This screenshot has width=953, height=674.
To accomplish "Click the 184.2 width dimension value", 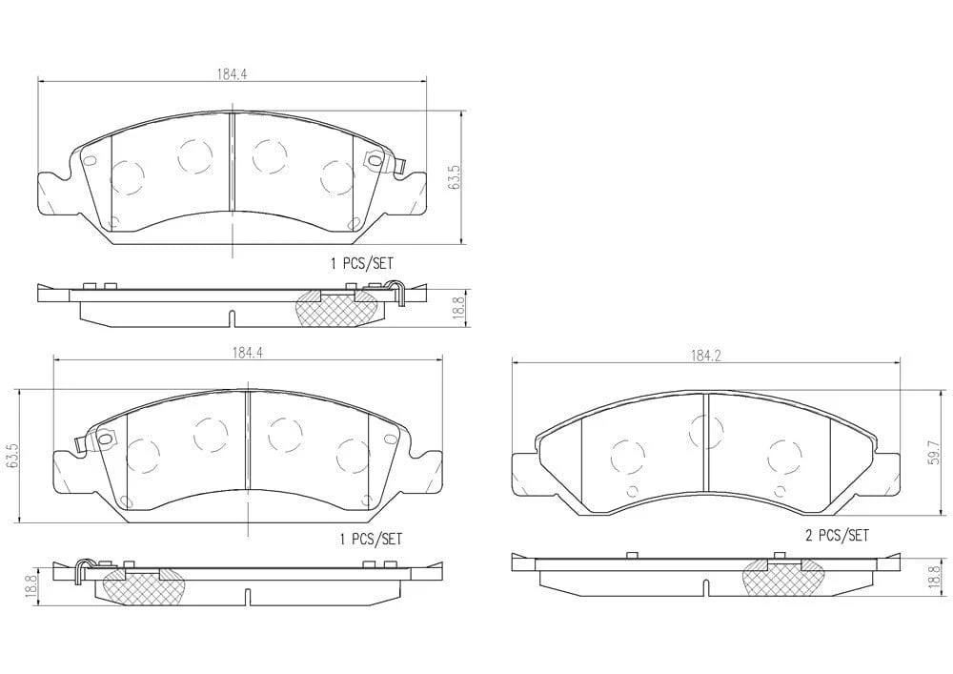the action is pos(705,357).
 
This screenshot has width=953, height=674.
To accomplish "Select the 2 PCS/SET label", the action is pos(837,536).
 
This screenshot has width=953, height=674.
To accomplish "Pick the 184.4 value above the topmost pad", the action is pos(232,74).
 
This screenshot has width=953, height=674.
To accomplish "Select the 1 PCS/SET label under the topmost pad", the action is pos(361,263).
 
